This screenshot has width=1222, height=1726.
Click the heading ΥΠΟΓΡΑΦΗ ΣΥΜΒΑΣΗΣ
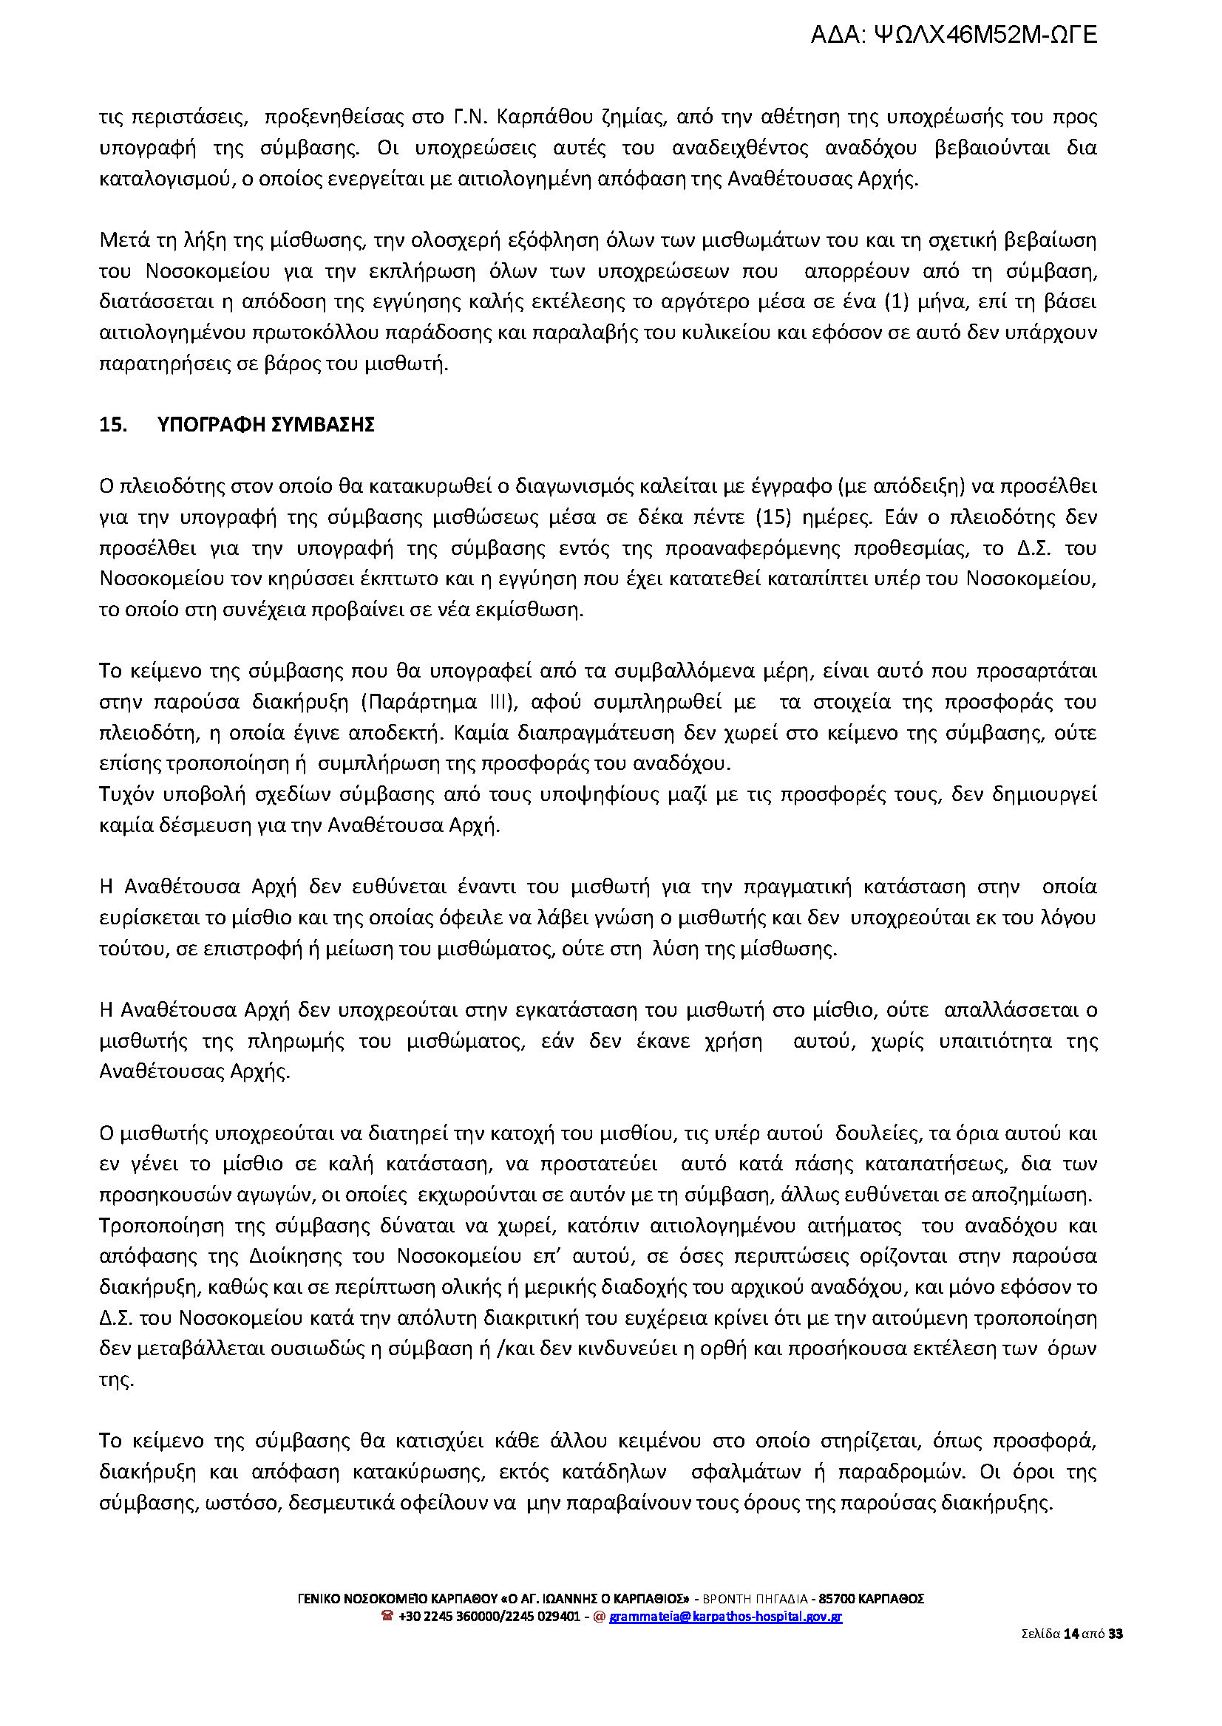point(265,425)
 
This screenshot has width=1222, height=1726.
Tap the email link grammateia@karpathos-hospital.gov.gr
point(725,1616)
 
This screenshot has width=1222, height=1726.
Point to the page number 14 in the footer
point(1071,1634)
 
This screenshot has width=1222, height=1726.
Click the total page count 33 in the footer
point(1116,1634)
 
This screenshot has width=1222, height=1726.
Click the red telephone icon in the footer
point(387,1616)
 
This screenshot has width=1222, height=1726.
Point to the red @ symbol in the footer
point(600,1616)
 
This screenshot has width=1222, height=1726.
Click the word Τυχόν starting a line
point(123,794)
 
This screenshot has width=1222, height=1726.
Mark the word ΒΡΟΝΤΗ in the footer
point(722,1599)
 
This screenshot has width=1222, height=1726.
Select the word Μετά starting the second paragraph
point(123,241)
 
